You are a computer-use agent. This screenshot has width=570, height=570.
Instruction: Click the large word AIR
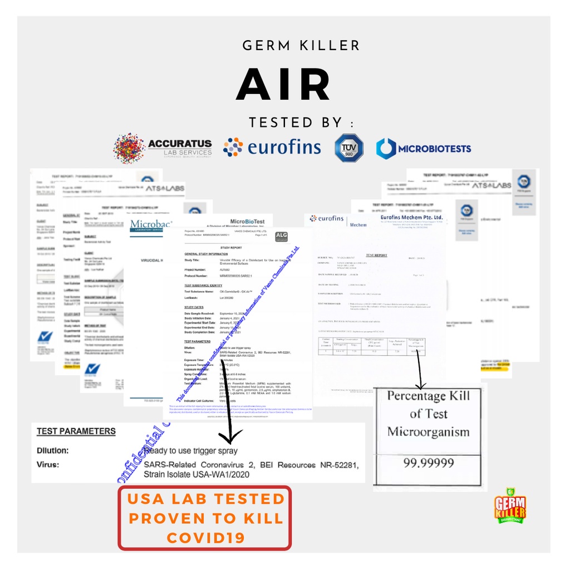coord(284,85)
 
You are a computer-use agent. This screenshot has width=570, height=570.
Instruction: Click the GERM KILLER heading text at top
coord(301,46)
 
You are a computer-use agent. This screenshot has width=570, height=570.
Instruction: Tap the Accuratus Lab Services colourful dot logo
coord(129,148)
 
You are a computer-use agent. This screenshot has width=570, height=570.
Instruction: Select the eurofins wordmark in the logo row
coord(284,148)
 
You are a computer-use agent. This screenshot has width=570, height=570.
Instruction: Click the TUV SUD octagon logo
coord(349,148)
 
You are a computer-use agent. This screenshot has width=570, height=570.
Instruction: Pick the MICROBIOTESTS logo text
coord(434,149)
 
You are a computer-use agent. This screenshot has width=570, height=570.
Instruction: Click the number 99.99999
coord(428,462)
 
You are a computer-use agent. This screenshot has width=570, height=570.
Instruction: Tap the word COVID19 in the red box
coord(205,538)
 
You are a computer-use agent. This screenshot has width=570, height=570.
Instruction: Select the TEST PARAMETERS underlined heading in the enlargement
coord(76,431)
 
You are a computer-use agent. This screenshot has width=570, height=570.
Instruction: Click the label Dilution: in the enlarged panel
coord(53,451)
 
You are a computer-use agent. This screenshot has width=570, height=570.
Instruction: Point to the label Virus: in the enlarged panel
coord(48,464)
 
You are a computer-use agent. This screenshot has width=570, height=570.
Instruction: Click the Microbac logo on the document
coord(151,225)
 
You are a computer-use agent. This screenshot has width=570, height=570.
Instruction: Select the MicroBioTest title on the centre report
coord(251,222)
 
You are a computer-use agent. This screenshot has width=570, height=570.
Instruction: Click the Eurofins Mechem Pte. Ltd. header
coord(411,217)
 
